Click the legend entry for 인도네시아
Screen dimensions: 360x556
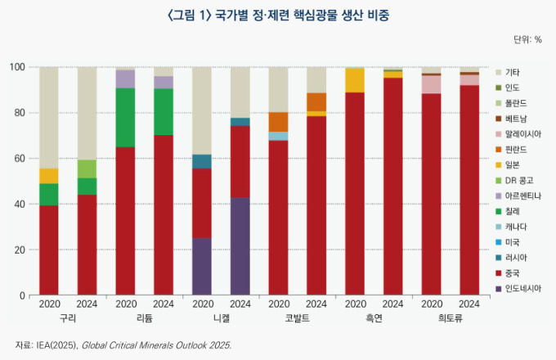pos(523,289)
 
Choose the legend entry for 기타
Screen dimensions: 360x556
pos(513,72)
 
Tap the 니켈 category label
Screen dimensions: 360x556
pos(221,318)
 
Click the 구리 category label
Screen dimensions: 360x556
pos(68,318)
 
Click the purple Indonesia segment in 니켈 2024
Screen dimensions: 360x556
pos(240,245)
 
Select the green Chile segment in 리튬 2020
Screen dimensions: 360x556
pos(125,117)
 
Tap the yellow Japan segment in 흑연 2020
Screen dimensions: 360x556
pos(355,80)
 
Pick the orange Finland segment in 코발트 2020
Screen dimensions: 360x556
pos(278,122)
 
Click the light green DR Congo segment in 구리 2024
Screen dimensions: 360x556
pos(87,169)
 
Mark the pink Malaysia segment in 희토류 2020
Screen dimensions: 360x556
pos(431,84)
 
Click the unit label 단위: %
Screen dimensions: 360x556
pos(527,39)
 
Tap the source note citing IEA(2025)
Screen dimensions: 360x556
pos(123,344)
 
